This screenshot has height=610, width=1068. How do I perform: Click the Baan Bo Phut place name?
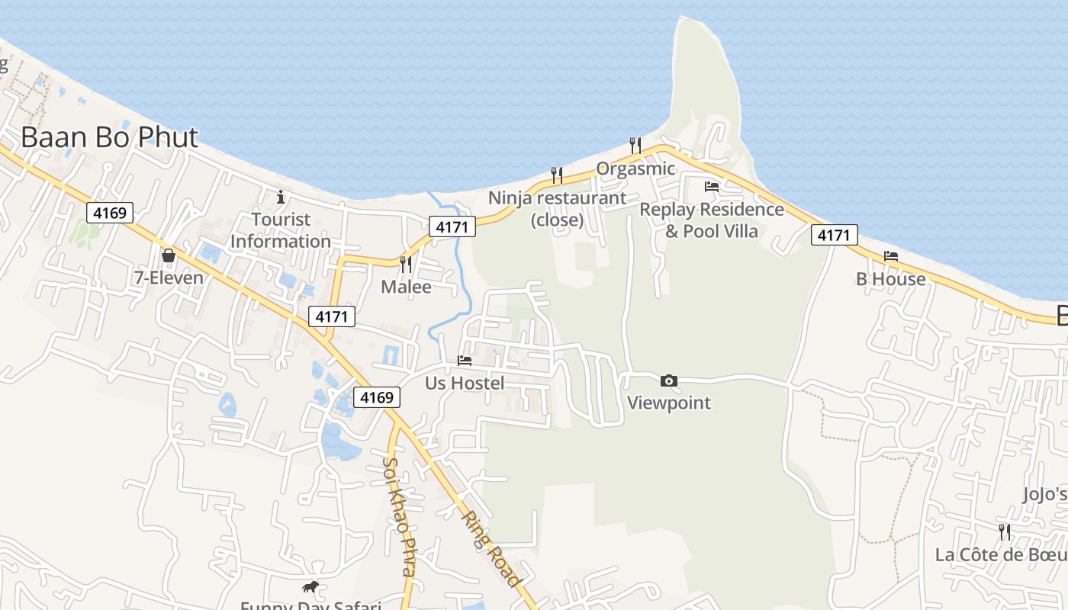point(109,137)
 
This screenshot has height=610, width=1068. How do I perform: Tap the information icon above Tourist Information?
point(281,197)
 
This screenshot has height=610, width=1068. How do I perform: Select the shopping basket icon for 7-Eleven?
point(169,255)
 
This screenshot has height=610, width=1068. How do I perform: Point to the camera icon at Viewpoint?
point(669,380)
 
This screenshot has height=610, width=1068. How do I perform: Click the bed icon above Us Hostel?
point(465,361)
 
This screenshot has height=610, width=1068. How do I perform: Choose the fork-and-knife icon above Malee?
point(406,265)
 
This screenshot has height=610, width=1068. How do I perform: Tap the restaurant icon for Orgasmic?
point(635,145)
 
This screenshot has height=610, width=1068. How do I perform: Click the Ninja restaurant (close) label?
point(557,209)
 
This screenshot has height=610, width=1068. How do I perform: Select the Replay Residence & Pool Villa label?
point(712,220)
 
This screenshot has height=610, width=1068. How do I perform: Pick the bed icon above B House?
point(890,256)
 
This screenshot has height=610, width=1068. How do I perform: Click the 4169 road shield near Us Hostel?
point(377,397)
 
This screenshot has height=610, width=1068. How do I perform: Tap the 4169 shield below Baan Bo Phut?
point(110,213)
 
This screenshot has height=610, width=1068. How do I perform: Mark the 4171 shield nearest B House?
point(833,235)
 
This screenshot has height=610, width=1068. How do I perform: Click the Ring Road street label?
point(491,547)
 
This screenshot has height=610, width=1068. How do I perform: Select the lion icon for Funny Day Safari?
point(310,586)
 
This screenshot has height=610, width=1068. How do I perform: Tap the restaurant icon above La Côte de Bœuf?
point(1005,531)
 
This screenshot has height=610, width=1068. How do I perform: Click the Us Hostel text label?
point(465,383)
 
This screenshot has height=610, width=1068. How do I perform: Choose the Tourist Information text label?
point(281,230)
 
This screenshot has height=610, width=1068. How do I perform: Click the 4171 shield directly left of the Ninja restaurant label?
point(452,226)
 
